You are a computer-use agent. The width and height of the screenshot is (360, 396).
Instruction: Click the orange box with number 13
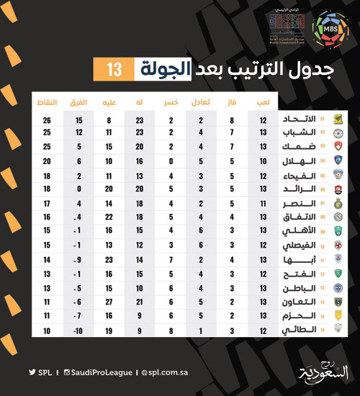(x=114, y=70)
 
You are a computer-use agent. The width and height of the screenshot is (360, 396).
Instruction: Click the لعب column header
(x=263, y=102)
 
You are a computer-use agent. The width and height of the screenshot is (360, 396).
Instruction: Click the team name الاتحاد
(x=302, y=120)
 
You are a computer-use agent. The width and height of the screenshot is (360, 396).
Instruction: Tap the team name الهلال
(x=302, y=161)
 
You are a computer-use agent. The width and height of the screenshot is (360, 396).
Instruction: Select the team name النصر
(x=302, y=204)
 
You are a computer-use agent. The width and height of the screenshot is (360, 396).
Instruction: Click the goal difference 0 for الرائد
(x=78, y=189)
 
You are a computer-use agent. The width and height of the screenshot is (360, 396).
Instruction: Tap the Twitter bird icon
(x=32, y=372)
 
